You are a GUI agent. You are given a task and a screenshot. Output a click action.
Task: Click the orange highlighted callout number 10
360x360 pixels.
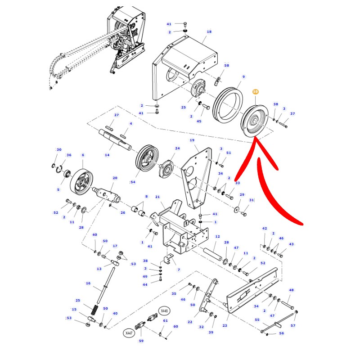(x=255, y=92)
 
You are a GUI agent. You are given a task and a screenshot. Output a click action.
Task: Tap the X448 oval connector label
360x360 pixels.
(x=164, y=311)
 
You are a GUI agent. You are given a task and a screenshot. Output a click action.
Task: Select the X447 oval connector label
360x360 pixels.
(x=129, y=333)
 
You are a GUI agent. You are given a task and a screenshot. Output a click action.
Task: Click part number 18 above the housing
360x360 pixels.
(x=209, y=31)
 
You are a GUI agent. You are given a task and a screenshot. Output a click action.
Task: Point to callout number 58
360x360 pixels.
(x=227, y=65)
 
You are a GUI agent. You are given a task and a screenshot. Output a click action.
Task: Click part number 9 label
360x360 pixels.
(x=243, y=76)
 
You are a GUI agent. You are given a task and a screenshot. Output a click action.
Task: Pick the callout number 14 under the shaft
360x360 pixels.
(x=107, y=155)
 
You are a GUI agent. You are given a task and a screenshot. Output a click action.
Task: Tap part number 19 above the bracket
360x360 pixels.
(x=192, y=140)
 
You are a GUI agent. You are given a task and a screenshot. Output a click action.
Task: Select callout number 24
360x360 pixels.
(x=177, y=148)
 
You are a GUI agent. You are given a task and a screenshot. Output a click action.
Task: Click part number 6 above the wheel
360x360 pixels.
(x=83, y=155)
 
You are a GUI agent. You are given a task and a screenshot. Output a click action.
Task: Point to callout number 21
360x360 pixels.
(x=157, y=197)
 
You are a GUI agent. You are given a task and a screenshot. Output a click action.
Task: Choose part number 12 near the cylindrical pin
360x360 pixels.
(x=217, y=236)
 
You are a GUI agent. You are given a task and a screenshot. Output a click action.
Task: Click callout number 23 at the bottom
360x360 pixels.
(x=225, y=325)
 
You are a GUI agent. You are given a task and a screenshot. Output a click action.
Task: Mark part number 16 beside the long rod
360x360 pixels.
(x=88, y=283)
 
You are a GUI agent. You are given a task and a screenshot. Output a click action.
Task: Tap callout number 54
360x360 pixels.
(x=133, y=182)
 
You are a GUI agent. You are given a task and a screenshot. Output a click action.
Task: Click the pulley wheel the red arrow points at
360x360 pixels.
(x=254, y=121)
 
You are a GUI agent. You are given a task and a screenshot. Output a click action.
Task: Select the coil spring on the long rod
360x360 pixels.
(x=95, y=310)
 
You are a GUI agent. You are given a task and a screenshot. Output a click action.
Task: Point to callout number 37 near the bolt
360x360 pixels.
(x=292, y=114)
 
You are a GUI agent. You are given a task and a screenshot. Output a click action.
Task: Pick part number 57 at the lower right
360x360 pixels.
(x=293, y=325)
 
